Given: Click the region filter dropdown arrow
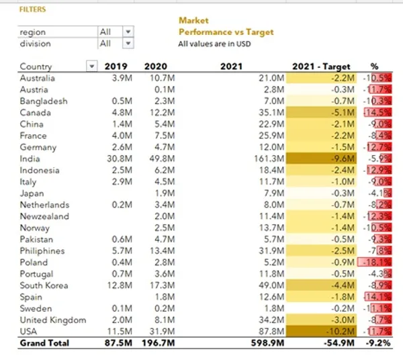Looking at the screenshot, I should [x=128, y=32].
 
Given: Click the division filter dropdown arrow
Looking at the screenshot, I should [x=128, y=43].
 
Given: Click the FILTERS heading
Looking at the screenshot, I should [x=33, y=10].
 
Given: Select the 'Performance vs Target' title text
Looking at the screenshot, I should [x=226, y=32].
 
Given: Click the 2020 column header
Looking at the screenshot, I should [x=156, y=66].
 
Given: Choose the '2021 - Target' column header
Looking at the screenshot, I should [x=322, y=66].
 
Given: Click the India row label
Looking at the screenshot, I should [x=29, y=159].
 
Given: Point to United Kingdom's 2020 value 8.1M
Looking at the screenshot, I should [x=166, y=320].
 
